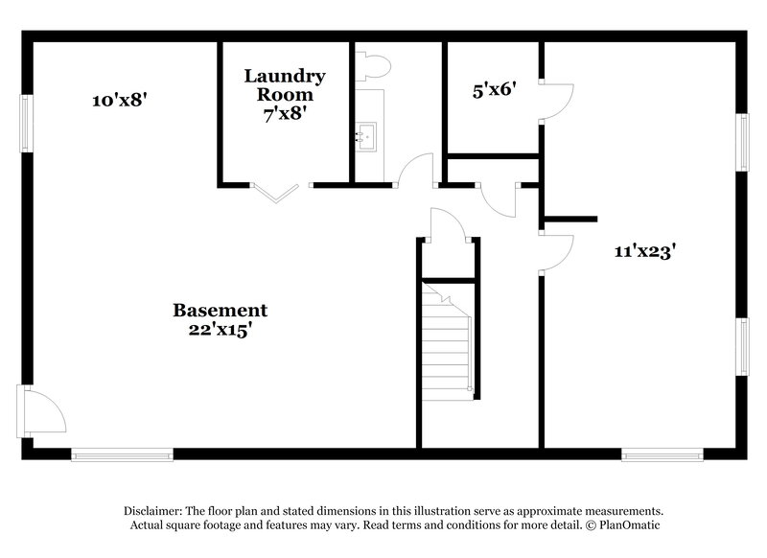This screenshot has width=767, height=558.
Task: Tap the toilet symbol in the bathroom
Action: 373,65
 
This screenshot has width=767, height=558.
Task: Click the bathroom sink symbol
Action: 365,135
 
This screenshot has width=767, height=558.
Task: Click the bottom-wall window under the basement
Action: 122,454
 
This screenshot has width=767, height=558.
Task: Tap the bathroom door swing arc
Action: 415,169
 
